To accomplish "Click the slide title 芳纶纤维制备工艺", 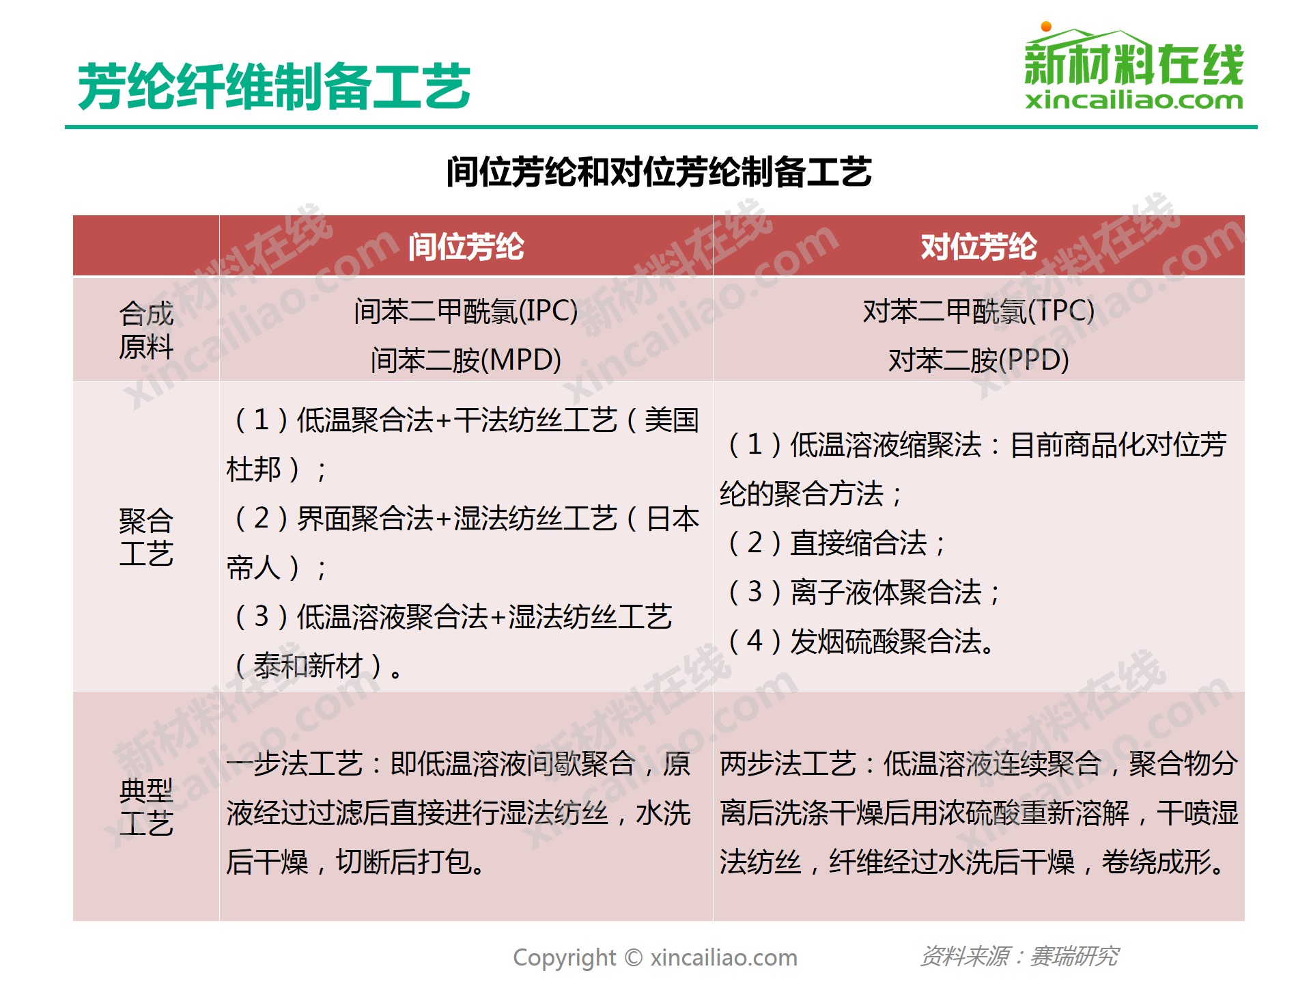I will coord(274,87).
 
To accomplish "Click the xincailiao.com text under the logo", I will coord(1133,101).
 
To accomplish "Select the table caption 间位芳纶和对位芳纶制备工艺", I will coord(659,172).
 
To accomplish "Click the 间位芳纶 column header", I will coord(466,247).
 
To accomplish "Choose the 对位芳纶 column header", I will coord(978,247).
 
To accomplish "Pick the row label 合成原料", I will coord(146,330).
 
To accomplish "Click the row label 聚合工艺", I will coord(146,537).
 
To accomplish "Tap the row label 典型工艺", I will coord(146,807).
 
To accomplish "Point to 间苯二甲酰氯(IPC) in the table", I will coord(466,312).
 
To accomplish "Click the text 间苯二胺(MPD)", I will coord(466,360).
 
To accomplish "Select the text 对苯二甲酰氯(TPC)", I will coord(978,312).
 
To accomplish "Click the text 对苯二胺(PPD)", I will coord(978,360).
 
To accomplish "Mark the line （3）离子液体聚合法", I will coord(864,592).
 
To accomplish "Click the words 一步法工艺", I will coord(295,764).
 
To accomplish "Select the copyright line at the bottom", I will coord(655,958).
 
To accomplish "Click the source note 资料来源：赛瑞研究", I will coord(1019,957).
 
